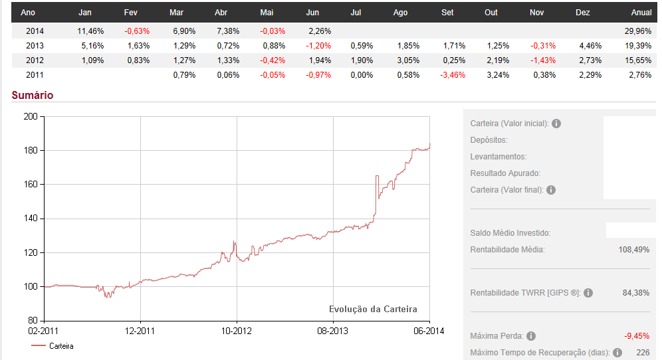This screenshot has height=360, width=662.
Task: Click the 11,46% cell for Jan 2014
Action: pos(91,31)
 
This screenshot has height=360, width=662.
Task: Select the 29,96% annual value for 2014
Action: pos(637,31)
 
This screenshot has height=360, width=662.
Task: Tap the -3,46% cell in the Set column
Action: pos(453,74)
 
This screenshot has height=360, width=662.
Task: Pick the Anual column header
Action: pos(640,13)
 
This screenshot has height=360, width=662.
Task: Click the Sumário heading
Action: pos(33,95)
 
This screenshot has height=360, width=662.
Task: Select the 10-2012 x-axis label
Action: pos(237,330)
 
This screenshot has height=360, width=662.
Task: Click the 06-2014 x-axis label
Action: pos(429,330)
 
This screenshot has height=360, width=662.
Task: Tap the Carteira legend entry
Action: pos(60,346)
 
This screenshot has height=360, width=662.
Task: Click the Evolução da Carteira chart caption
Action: pos(373,309)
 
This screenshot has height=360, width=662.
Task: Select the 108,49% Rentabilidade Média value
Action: pos(633,250)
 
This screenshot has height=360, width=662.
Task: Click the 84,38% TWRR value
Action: pos(636,293)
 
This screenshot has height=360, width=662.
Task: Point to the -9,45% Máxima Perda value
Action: pos(636,335)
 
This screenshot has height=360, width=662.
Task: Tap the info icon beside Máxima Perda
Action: pos(531,336)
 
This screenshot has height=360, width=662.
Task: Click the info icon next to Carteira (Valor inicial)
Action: pos(556,124)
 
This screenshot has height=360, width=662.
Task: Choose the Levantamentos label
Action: pos(498,157)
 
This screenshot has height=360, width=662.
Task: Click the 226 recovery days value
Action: pos(643,353)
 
